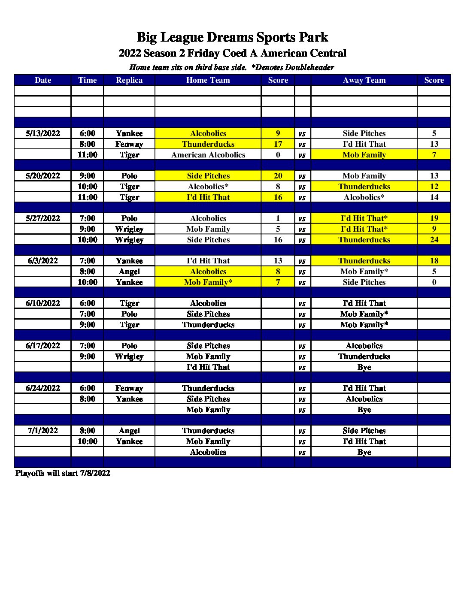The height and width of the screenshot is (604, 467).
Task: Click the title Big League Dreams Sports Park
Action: click(232, 37)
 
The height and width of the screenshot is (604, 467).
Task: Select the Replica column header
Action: click(129, 80)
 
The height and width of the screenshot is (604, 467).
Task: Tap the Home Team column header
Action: click(208, 80)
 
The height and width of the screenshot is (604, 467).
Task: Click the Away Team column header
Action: click(364, 80)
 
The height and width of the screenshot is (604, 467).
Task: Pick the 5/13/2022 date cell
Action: click(42, 133)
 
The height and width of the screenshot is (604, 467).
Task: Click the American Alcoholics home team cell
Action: click(208, 155)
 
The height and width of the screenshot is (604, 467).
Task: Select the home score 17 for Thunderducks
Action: click(278, 144)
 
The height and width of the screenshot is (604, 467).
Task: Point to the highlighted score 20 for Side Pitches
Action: click(278, 176)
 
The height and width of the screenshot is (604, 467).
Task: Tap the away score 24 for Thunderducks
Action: click(434, 240)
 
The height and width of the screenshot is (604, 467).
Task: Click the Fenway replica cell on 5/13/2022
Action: click(129, 144)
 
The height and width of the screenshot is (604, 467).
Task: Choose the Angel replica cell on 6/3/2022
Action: click(129, 272)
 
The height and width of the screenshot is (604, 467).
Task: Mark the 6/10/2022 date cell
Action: click(42, 303)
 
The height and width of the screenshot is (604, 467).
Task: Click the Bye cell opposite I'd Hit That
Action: click(364, 367)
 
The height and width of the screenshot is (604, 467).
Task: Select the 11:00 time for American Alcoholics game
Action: click(87, 155)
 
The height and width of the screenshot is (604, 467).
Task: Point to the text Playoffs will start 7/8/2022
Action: click(63, 473)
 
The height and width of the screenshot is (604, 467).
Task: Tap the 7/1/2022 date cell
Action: click(42, 431)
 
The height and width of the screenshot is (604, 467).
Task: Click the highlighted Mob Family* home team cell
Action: click(208, 282)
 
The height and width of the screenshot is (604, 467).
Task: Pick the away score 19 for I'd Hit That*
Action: click(434, 218)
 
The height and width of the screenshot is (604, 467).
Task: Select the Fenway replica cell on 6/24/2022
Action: click(129, 388)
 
